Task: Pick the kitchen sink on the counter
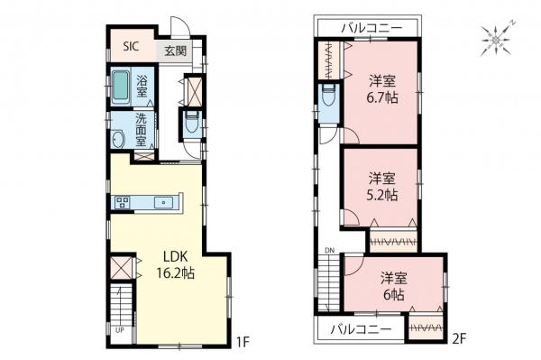tap(164, 201)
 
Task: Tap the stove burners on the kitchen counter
tap(124, 201)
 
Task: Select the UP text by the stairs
tap(119, 330)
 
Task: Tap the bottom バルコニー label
tap(361, 328)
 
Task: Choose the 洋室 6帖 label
tap(391, 285)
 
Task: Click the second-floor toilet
tap(326, 95)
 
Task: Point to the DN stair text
tap(329, 250)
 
